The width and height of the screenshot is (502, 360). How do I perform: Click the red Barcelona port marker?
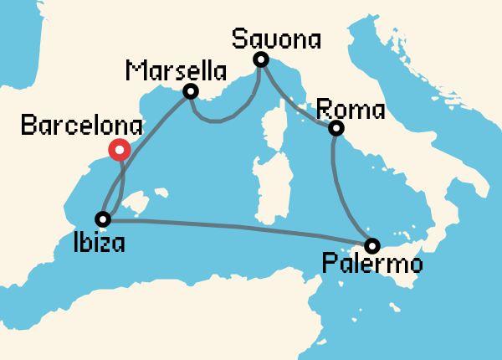[x=120, y=150]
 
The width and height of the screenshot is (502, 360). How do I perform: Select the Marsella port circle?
[x=191, y=91]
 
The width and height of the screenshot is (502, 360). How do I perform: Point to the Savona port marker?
[x=261, y=59]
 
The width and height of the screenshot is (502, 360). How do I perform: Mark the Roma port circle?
[x=336, y=128]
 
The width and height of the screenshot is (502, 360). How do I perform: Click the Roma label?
[x=351, y=110]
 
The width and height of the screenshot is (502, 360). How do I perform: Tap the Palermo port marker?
[x=372, y=245]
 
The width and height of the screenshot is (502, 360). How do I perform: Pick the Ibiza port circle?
[x=103, y=219]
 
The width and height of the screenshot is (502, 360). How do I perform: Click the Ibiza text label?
[x=98, y=244]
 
